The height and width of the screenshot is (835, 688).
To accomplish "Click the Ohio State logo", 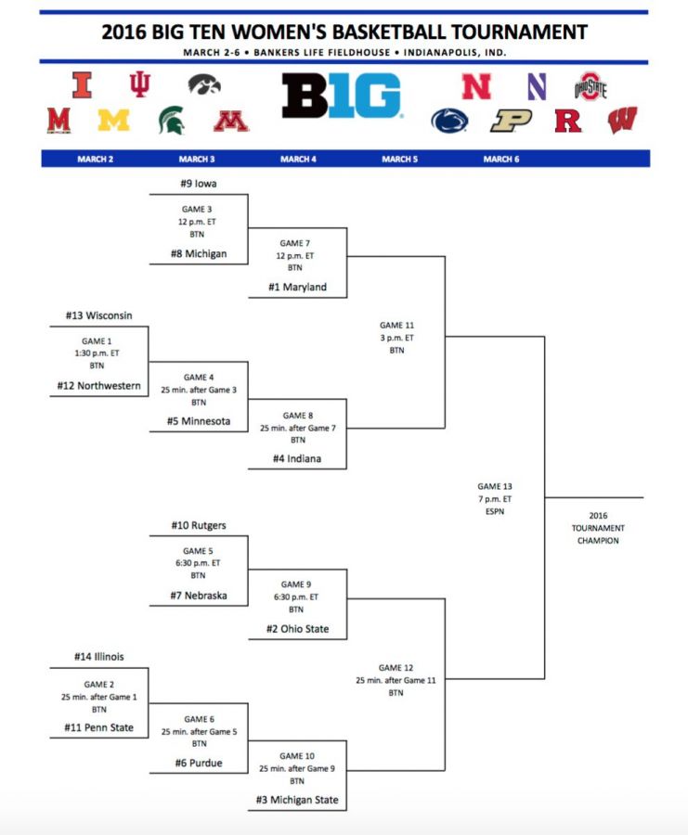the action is click(x=590, y=86).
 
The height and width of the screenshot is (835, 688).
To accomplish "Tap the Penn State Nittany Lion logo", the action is click(x=449, y=121).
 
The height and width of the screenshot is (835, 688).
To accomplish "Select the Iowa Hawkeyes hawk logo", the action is click(x=204, y=84).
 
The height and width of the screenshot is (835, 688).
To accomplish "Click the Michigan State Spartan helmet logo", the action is click(x=172, y=120).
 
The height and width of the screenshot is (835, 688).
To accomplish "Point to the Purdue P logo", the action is click(x=511, y=121).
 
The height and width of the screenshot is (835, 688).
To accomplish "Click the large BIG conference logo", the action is click(x=341, y=96).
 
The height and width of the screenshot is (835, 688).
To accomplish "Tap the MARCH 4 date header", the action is click(x=298, y=159).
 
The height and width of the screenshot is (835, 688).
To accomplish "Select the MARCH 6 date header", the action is click(x=501, y=159).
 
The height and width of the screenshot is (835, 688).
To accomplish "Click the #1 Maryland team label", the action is click(x=297, y=287).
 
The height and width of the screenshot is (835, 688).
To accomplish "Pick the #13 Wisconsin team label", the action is click(x=98, y=315).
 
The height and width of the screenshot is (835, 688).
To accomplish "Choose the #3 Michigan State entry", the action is click(x=297, y=800).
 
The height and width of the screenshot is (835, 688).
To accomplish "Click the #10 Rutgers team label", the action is click(x=199, y=525).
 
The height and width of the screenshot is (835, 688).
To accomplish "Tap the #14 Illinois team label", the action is click(x=98, y=657).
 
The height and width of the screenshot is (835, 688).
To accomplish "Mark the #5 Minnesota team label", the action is click(x=199, y=420).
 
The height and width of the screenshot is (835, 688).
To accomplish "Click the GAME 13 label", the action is click(x=495, y=486).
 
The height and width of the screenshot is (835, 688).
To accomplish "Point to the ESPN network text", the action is click(x=495, y=511).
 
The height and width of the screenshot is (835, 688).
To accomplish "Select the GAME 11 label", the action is click(x=396, y=325).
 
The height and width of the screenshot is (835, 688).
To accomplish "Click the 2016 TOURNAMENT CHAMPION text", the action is click(x=598, y=528).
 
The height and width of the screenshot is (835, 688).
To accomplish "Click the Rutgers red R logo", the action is click(x=567, y=121).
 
